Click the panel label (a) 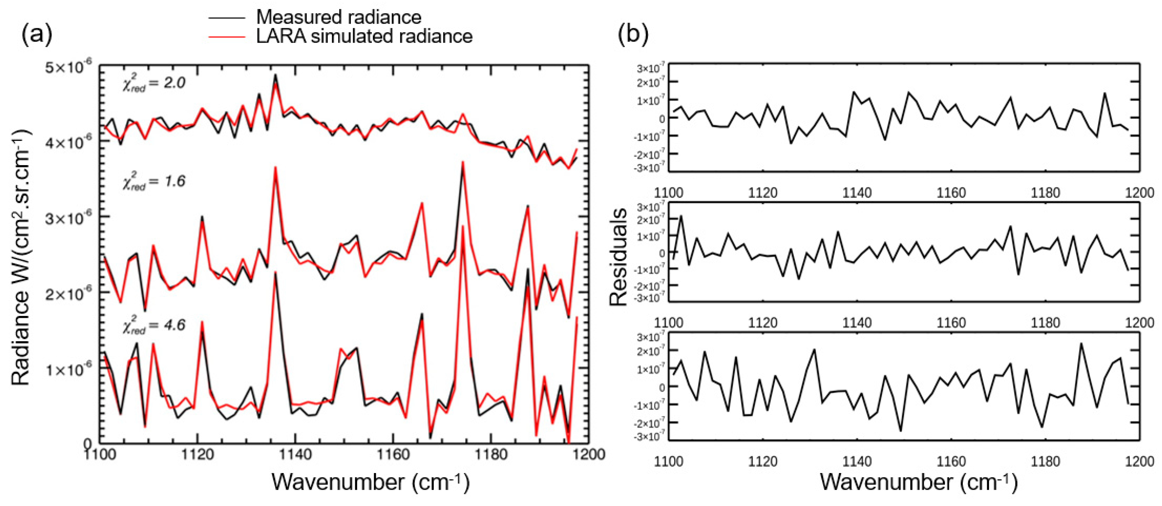click(37, 34)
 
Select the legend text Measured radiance click(338, 17)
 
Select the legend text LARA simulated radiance click(364, 36)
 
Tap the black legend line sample click(226, 18)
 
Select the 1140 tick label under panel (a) click(295, 454)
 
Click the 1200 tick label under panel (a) click(588, 454)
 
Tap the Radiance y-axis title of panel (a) click(20, 257)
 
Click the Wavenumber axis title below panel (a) click(370, 482)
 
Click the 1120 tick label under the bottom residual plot click(763, 461)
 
